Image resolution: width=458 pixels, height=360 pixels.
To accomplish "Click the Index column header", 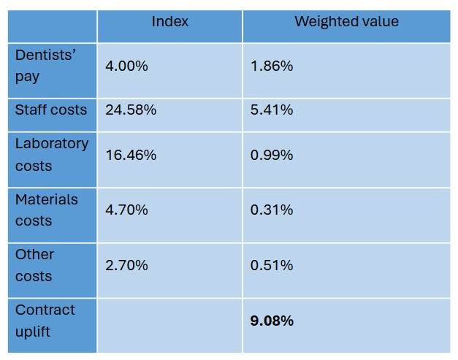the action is (x=169, y=22).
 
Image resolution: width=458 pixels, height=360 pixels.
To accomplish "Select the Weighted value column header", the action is (x=346, y=22).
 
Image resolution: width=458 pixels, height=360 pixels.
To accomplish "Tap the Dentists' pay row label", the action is (x=45, y=66).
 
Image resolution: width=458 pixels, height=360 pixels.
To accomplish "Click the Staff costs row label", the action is (x=51, y=110).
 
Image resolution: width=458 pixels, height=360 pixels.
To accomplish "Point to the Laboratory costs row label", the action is (x=52, y=155).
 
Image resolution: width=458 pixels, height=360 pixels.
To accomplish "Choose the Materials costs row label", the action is (x=47, y=210).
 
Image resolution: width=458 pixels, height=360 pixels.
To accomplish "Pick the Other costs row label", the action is (x=34, y=265).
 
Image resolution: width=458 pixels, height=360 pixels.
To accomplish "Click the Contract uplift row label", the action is (x=45, y=321).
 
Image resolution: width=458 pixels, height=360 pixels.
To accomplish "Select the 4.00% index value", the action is (x=126, y=66).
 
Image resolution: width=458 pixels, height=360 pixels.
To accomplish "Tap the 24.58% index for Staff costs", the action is (x=131, y=110).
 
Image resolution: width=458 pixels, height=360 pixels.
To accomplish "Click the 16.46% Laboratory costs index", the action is (x=131, y=155).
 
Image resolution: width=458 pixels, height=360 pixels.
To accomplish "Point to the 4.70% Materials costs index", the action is (x=126, y=210).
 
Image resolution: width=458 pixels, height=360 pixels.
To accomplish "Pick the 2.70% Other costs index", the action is (x=126, y=265).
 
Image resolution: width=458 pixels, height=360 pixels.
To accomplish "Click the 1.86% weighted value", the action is (x=272, y=66).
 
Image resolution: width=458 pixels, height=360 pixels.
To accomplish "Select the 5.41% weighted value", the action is (x=272, y=110).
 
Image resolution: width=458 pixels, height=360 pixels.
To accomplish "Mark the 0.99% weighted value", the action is (x=272, y=155).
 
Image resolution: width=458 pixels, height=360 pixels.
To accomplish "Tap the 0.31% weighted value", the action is (x=272, y=210).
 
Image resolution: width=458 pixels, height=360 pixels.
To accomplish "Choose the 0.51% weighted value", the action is (x=272, y=265).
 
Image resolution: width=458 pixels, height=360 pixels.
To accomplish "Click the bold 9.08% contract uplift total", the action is (x=272, y=321).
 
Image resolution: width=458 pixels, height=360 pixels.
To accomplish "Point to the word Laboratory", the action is (x=52, y=145).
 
